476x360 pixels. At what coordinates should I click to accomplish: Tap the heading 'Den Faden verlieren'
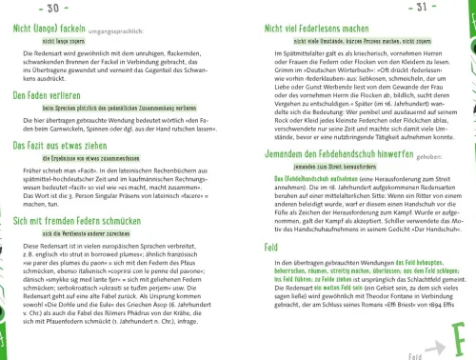(46, 97)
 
